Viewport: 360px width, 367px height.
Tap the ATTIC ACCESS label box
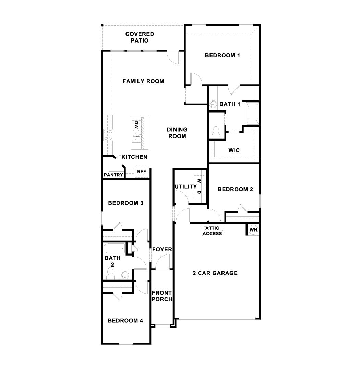coord(212,231)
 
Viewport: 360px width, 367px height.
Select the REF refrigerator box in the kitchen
coord(141,172)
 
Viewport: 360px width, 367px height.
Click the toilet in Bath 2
coord(110,272)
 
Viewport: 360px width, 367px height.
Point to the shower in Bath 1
coord(252,113)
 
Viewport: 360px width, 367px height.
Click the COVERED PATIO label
coord(140,37)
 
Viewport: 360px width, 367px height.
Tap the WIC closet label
coord(234,150)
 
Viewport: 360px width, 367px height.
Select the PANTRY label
coord(113,175)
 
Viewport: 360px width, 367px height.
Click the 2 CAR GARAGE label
coord(215,273)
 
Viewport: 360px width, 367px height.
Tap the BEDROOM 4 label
coord(125,321)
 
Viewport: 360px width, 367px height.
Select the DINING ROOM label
coord(177,133)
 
